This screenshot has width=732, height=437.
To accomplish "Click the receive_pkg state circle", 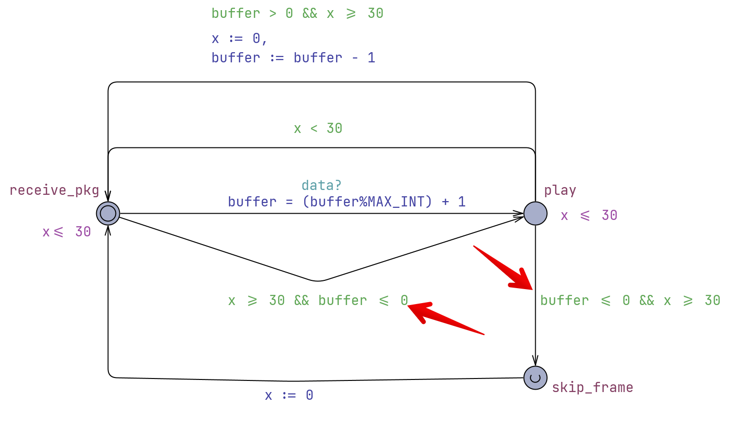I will coord(108,213).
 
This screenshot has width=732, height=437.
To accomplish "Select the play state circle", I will coord(535,213).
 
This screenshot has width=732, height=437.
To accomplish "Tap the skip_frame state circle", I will coord(535,378).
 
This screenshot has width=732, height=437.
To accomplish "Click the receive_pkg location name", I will coord(54,190).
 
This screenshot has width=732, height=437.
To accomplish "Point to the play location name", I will coord(560,190).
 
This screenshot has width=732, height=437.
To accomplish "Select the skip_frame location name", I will coord(592,387).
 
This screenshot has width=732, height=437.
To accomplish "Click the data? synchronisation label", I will coord(322,185).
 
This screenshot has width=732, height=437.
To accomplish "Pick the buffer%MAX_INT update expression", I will coord(347,202).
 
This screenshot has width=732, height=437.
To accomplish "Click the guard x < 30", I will coord(318,129).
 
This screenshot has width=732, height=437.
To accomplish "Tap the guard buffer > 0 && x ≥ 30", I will coord(297,14).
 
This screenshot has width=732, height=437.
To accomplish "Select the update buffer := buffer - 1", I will coord(293,58).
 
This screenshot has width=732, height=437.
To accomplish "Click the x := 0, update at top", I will coord(239,39).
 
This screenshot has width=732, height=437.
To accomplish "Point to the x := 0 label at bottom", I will coord(289,395).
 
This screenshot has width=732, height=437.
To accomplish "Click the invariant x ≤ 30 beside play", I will coord(589,216).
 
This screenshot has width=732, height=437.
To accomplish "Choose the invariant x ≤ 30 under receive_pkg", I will coord(67,232).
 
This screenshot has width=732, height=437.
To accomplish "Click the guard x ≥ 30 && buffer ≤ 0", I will coord(318,301).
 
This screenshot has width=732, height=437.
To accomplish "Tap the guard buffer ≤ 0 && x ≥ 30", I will coord(630,301).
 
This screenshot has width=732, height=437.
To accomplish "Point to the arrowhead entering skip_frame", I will coord(535,362).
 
